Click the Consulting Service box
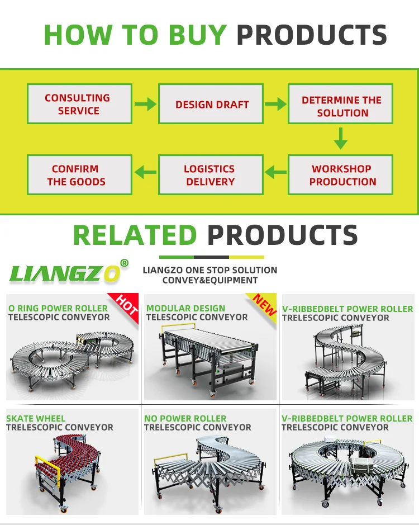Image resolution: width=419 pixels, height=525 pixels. pyautogui.click(x=79, y=104)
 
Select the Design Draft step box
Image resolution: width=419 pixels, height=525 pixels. pyautogui.click(x=211, y=104)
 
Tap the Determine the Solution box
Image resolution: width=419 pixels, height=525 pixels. pyautogui.click(x=341, y=104)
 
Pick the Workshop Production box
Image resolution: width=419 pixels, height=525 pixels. pyautogui.click(x=341, y=175)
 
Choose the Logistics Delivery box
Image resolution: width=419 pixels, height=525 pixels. pyautogui.click(x=211, y=175)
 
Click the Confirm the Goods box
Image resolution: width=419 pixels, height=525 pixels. pyautogui.click(x=79, y=175)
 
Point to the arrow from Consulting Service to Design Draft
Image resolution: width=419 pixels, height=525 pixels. pyautogui.click(x=145, y=104)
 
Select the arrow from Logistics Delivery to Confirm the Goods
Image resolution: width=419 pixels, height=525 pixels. pyautogui.click(x=146, y=173)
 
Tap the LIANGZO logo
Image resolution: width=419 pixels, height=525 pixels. pyautogui.click(x=64, y=273)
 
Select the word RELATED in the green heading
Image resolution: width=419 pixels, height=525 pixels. pyautogui.click(x=135, y=235)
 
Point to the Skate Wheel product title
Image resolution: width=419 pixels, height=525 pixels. pyautogui.click(x=36, y=418)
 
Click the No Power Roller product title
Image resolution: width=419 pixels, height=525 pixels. pyautogui.click(x=185, y=418)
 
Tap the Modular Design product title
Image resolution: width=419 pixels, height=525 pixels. pyautogui.click(x=186, y=308)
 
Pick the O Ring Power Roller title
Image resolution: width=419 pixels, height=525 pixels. pyautogui.click(x=58, y=308)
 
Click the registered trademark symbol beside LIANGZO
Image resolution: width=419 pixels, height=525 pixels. pyautogui.click(x=124, y=263)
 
